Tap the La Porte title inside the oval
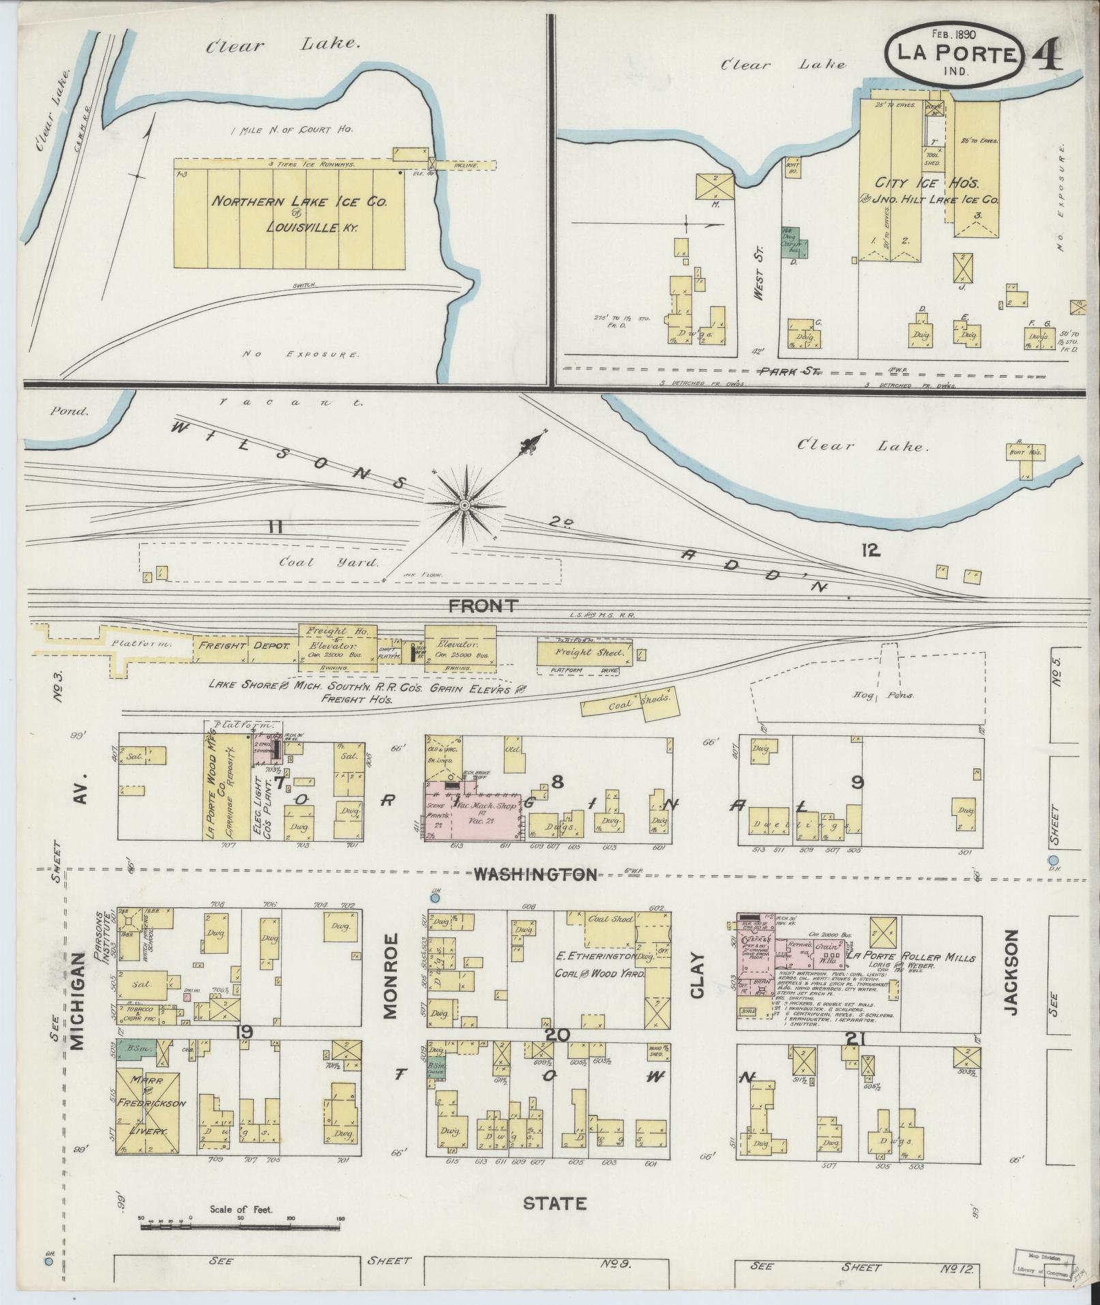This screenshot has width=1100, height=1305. coord(953,55)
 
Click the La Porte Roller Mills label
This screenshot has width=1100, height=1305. coord(910,957)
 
